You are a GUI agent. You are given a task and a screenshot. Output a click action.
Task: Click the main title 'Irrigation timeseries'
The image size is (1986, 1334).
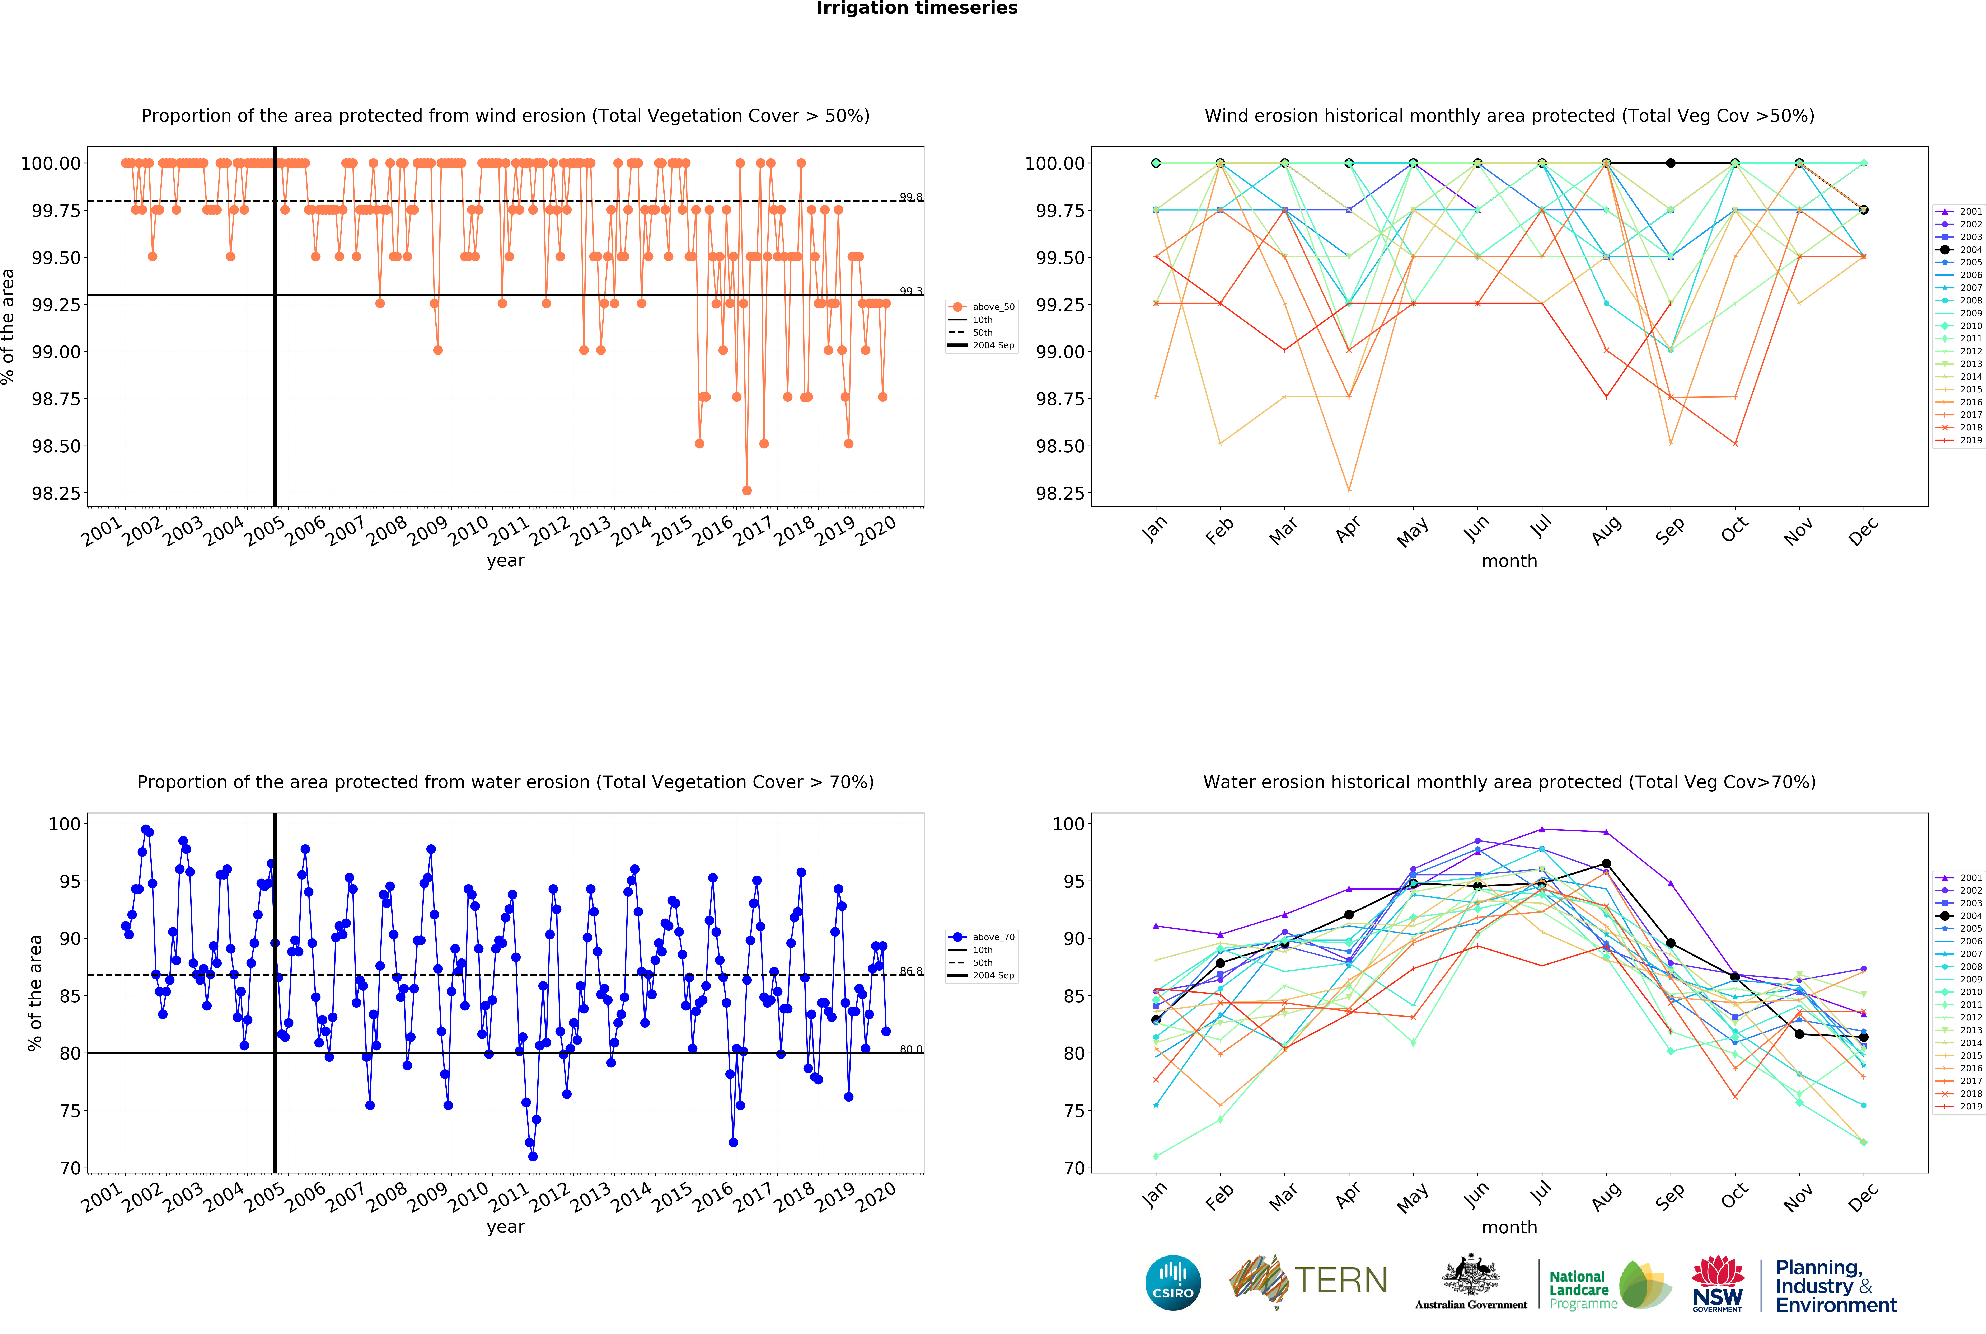pyautogui.click(x=916, y=9)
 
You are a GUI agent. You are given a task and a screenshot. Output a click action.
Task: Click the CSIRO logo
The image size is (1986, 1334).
pyautogui.click(x=1172, y=1282)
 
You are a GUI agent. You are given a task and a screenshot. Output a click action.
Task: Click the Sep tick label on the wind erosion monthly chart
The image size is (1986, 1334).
pyautogui.click(x=1669, y=531)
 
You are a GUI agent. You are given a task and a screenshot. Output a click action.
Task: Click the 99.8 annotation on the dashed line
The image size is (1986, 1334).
pyautogui.click(x=910, y=197)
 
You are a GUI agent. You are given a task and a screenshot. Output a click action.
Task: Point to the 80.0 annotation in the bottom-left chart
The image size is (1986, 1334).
pyautogui.click(x=910, y=1049)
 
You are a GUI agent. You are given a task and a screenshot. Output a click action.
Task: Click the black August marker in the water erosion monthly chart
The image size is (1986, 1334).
pyautogui.click(x=1606, y=863)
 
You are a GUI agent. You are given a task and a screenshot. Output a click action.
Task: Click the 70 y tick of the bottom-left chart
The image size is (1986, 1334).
pyautogui.click(x=70, y=1168)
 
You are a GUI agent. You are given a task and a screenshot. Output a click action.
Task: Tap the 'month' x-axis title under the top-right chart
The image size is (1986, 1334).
pyautogui.click(x=1509, y=561)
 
